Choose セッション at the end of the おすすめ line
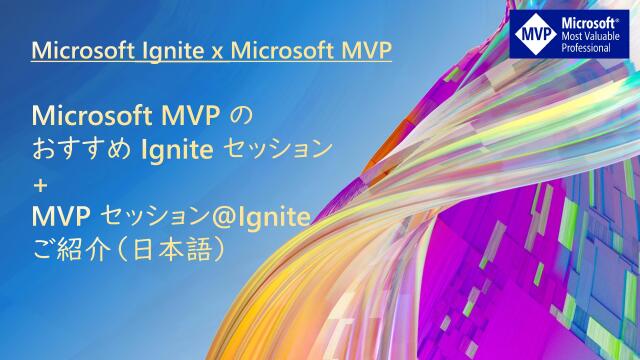coord(281,150)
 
